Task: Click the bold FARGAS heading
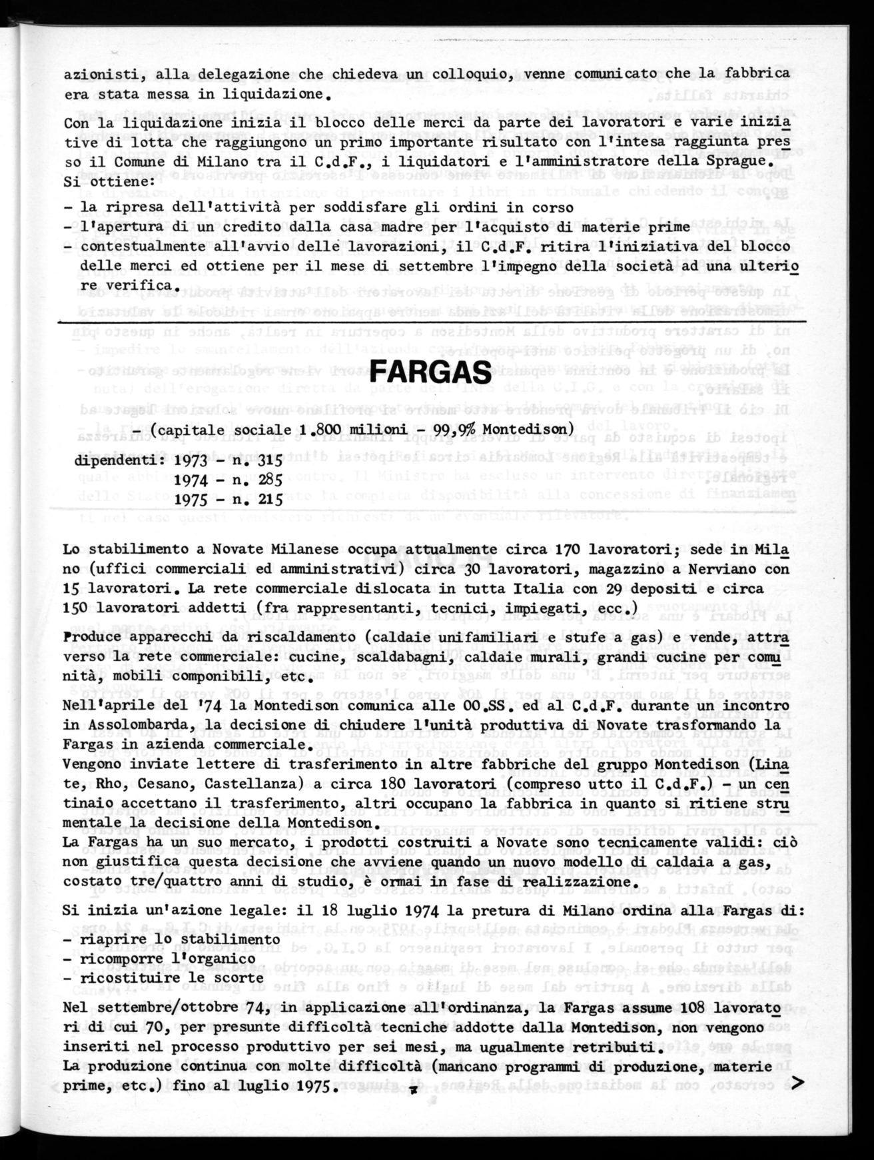click(x=430, y=371)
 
